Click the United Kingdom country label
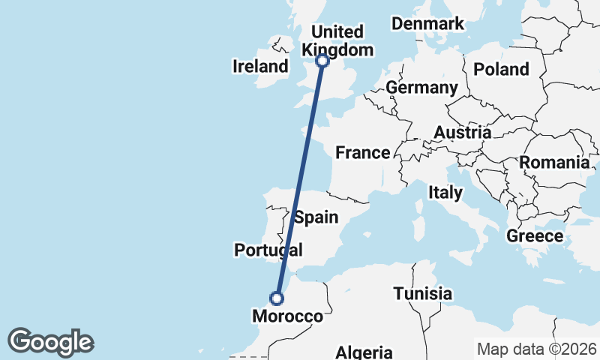337,40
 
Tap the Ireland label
260,66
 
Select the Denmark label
428,23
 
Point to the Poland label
501,69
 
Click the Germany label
421,88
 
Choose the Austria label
462,133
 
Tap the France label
362,153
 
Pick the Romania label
554,162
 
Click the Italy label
445,193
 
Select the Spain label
316,217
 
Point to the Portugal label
268,250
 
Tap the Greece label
535,236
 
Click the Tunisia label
423,293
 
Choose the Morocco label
287,316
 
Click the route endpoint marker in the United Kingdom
322,61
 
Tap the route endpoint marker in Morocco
277,298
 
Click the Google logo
50,341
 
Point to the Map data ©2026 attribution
536,349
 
